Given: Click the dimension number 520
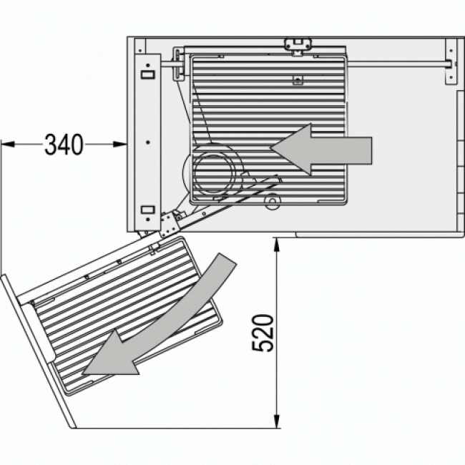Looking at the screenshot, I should click(x=263, y=333).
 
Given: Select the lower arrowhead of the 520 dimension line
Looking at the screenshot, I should click(x=275, y=423).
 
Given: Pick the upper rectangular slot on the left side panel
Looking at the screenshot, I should click(x=147, y=74).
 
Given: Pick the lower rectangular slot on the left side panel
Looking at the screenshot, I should click(x=147, y=209).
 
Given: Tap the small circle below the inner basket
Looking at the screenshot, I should click(x=271, y=205).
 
